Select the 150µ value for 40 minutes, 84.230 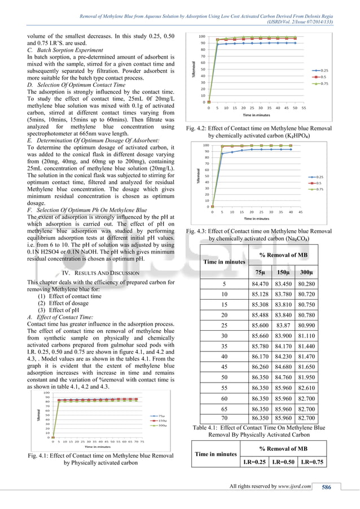pyautogui.click(x=284, y=357)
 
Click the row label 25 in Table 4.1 pyautogui.click(x=224, y=325)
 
